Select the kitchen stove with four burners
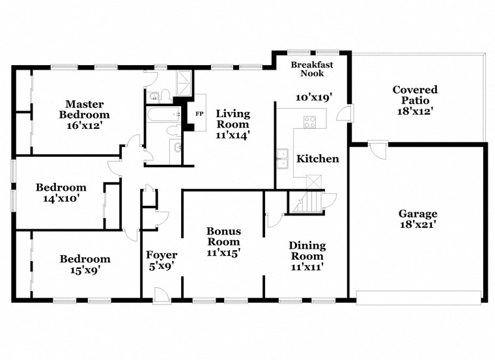click(x=309, y=122)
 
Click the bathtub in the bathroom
click(x=163, y=116)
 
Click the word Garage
click(x=418, y=214)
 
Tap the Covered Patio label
click(x=415, y=95)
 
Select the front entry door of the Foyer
click(x=161, y=294)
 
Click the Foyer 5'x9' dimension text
click(x=161, y=266)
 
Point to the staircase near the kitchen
click(x=306, y=202)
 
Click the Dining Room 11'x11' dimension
click(x=307, y=266)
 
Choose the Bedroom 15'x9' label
click(x=85, y=264)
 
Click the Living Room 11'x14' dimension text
click(x=233, y=135)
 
